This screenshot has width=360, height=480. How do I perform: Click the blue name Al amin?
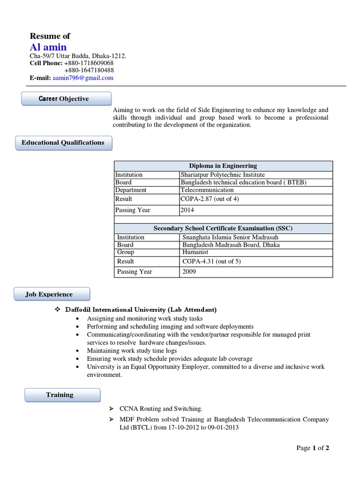pyautogui.click(x=48, y=47)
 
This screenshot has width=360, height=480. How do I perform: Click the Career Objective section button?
pyautogui.click(x=67, y=99)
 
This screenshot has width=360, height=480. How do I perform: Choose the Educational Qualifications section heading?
pyautogui.click(x=63, y=143)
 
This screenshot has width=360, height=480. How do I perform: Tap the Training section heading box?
pyautogui.click(x=62, y=395)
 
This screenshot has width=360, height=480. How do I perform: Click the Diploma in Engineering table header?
pyautogui.click(x=223, y=166)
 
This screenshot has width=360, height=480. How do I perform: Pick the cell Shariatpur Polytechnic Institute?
pyautogui.click(x=223, y=175)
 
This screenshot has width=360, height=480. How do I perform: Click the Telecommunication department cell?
pyautogui.click(x=207, y=190)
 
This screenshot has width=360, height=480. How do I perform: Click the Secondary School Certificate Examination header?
pyautogui.click(x=223, y=228)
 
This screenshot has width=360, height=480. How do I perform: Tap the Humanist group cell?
pyautogui.click(x=195, y=252)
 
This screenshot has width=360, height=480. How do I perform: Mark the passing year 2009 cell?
pyautogui.click(x=189, y=272)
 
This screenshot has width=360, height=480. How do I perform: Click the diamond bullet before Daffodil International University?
pyautogui.click(x=58, y=310)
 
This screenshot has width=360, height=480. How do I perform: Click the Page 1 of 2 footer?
pyautogui.click(x=313, y=448)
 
